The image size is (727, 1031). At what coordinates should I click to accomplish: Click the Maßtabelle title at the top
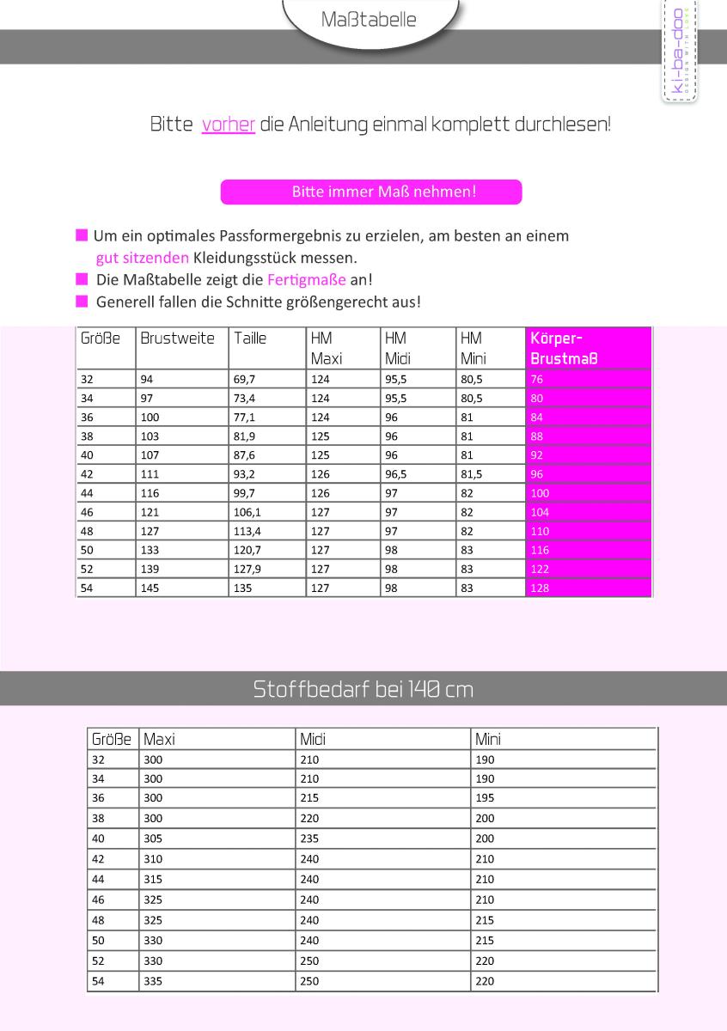368,20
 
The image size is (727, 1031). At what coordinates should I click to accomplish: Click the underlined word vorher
228,125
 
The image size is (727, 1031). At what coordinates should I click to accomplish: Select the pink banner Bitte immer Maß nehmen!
371,192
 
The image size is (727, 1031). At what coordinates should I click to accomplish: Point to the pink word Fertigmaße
307,280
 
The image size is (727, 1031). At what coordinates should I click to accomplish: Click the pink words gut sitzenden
143,258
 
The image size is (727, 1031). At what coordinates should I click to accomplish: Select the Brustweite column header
177,339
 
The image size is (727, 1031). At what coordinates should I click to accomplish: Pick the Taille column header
250,339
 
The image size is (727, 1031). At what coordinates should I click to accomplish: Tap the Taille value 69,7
244,379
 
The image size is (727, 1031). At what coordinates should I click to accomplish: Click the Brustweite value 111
150,474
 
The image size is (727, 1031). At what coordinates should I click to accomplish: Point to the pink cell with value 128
540,589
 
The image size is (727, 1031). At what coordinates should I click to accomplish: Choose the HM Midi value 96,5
396,474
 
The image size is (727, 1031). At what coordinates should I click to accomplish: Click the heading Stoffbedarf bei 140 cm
363,689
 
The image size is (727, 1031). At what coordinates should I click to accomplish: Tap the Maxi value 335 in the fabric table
153,981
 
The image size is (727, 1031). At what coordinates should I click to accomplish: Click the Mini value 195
485,798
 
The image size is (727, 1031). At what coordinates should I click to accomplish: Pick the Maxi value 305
153,839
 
